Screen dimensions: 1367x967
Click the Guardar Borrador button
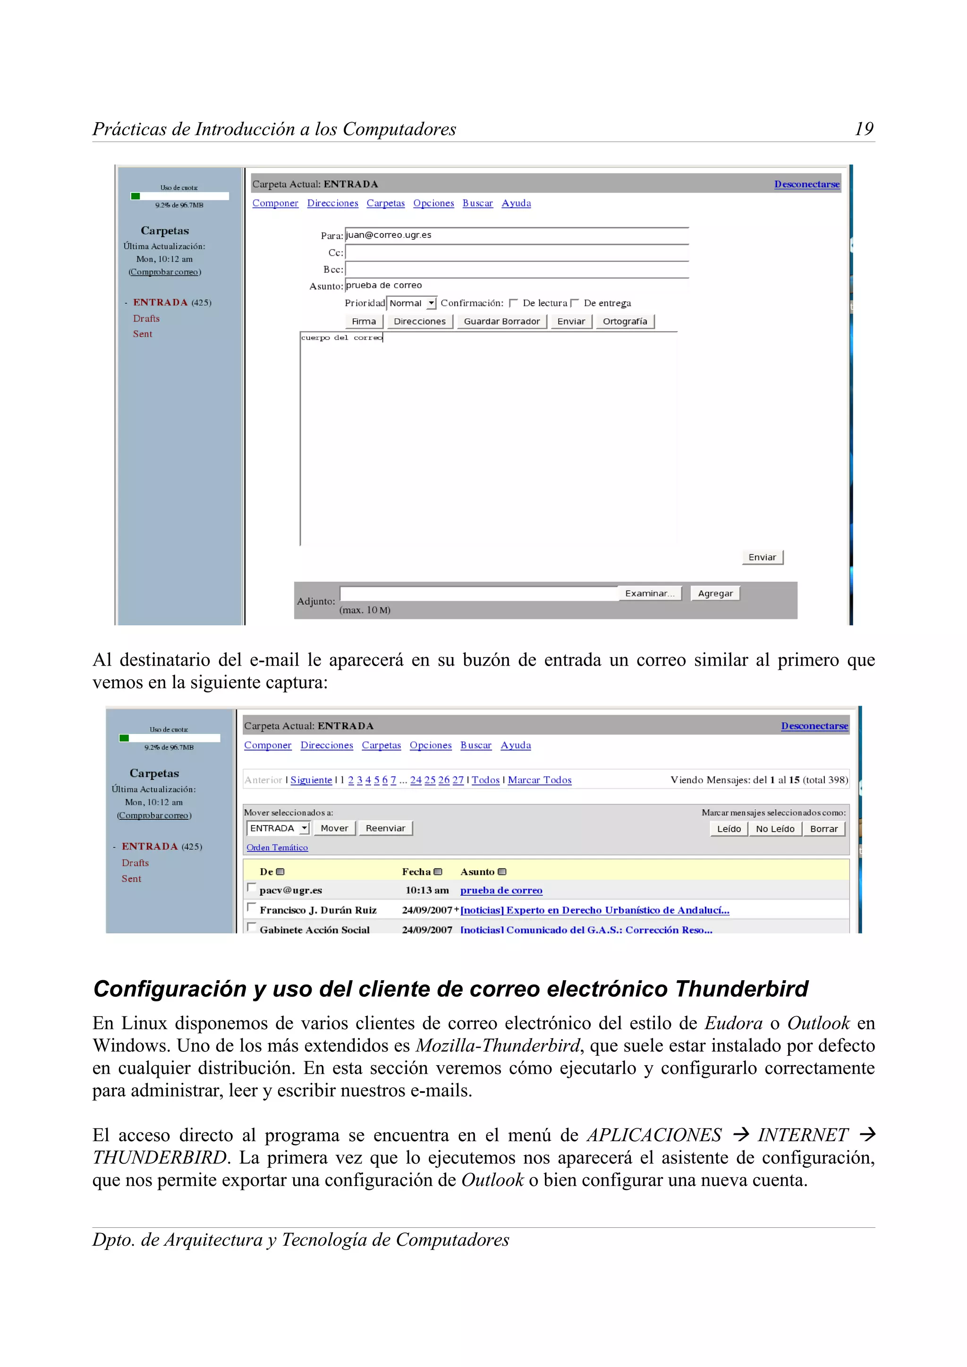point(501,322)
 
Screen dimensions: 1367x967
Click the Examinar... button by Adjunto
point(649,593)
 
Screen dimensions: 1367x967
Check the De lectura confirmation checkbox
point(513,303)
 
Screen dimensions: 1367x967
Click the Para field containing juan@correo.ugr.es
point(516,235)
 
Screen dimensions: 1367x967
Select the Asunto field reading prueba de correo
point(516,286)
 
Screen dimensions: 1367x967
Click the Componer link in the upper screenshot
point(275,203)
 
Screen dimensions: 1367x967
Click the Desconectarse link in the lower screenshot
point(814,726)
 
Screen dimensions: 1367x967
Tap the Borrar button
point(823,829)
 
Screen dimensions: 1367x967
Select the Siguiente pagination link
point(311,780)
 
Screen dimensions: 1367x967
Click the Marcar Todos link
point(539,780)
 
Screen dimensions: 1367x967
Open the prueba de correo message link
point(500,890)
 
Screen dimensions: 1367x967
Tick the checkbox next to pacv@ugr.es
point(252,888)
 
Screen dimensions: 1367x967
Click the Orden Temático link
point(277,847)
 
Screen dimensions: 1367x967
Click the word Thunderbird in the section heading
point(741,990)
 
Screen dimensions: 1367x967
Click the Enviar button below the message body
point(762,557)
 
